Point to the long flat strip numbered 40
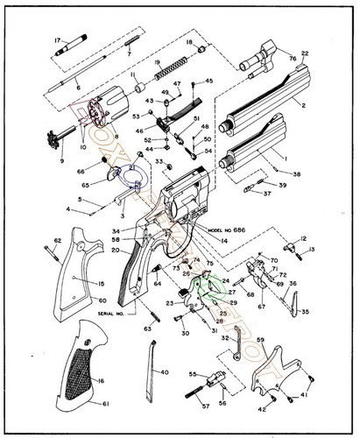[151, 371]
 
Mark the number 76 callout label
[293, 60]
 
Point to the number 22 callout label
[305, 54]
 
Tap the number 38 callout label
[296, 174]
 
